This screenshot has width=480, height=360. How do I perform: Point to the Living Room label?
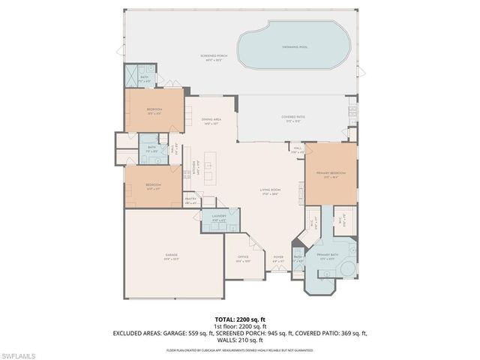(269, 192)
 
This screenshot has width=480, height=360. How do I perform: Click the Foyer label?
(278, 258)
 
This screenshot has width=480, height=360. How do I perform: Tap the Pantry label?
(190, 200)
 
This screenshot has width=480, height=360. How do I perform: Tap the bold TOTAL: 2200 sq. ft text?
(240, 319)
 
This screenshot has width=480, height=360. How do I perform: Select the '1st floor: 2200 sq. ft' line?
(240, 326)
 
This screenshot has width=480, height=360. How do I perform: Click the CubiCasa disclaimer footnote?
(240, 349)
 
